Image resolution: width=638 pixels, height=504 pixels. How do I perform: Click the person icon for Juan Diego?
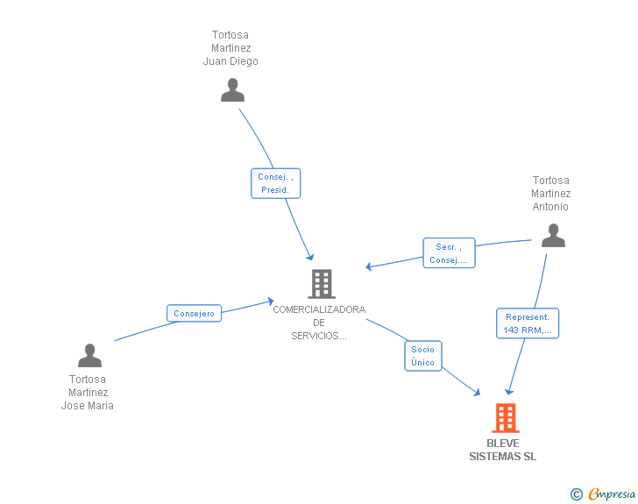coord(232,90)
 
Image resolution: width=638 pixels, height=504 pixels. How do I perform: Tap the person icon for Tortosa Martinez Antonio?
coord(553,236)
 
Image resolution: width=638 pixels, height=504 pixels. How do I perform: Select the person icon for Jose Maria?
coord(89,355)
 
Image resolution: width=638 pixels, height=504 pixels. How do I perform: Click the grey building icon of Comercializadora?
coord(322,284)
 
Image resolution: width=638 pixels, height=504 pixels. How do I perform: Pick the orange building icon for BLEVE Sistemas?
coord(505,418)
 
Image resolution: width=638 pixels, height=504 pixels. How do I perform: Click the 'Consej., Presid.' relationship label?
coord(275,183)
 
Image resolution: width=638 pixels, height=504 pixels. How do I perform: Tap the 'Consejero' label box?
coord(194,313)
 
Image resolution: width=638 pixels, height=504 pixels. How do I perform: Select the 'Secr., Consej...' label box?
coord(449,253)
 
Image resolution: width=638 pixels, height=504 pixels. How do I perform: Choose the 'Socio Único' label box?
coord(422,355)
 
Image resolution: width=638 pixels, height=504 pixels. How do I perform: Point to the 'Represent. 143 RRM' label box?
coord(528,323)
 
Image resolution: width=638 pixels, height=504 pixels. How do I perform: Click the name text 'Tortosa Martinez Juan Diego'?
coord(230,48)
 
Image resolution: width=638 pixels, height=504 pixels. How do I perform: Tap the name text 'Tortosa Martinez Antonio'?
coord(551,194)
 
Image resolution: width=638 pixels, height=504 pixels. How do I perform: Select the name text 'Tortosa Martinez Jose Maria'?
coord(87,393)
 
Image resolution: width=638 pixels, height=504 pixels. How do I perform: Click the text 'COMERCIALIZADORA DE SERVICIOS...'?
coord(319,323)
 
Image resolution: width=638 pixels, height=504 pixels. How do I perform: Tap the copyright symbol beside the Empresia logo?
coord(576,494)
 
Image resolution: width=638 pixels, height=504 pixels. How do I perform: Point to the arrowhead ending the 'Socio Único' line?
coord(478,393)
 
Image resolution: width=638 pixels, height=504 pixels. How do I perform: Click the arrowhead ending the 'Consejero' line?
coord(271,302)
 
